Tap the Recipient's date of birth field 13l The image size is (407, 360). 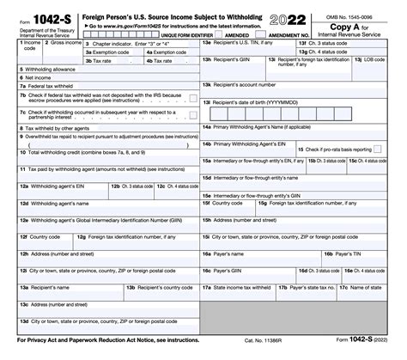(301, 107)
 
